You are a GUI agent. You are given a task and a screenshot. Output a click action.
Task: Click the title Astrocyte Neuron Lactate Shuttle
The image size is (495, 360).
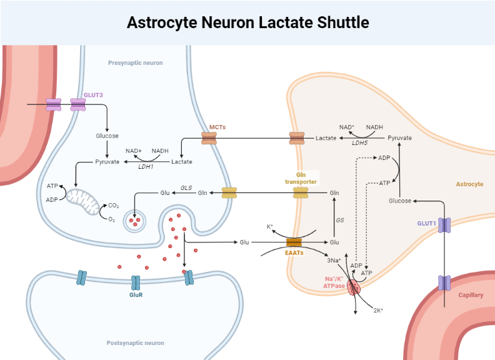pos(247,22)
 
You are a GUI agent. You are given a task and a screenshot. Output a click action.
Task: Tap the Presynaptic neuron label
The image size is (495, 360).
pos(135,63)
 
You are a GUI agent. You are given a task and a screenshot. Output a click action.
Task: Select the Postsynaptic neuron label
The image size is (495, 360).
pos(135,342)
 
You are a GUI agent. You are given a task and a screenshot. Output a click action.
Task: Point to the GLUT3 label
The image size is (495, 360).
pos(93,94)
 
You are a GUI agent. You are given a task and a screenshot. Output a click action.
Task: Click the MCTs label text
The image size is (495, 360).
pos(217,127)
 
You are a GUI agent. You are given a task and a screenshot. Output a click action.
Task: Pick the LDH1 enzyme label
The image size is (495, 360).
pos(146,166)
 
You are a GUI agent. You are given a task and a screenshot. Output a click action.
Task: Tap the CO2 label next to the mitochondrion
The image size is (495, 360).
pos(113,205)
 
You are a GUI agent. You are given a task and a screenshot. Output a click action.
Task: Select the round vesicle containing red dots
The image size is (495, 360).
pos(134,220)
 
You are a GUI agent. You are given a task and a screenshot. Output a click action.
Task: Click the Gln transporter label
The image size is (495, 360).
pos(301,178)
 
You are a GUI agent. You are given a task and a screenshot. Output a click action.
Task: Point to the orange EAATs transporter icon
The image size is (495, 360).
pos(294,242)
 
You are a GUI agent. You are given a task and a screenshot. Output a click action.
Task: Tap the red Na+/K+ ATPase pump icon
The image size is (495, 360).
pos(354,287)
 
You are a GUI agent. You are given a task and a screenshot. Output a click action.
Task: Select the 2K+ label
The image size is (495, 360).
pos(377,310)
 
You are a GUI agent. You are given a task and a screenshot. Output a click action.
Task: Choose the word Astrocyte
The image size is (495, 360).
pos(469,184)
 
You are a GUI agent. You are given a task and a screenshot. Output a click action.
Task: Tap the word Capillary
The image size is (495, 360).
pos(471,295)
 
